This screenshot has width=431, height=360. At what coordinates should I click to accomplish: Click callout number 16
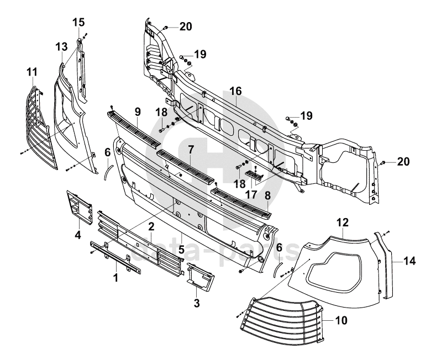pyautogui.click(x=235, y=92)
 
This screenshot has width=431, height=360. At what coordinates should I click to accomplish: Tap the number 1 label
pyautogui.click(x=116, y=277)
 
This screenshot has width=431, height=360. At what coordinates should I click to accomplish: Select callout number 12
pyautogui.click(x=343, y=223)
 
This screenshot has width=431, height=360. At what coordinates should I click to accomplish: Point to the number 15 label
pyautogui.click(x=78, y=22)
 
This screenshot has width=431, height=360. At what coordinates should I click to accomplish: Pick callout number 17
pyautogui.click(x=251, y=194)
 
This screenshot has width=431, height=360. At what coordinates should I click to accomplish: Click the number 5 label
pyautogui.click(x=181, y=250)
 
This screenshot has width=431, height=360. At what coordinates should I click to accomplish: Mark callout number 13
pyautogui.click(x=61, y=46)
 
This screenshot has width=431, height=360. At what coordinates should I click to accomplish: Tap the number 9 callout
pyautogui.click(x=138, y=112)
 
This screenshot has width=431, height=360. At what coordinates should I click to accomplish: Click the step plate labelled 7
pyautogui.click(x=186, y=165)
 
